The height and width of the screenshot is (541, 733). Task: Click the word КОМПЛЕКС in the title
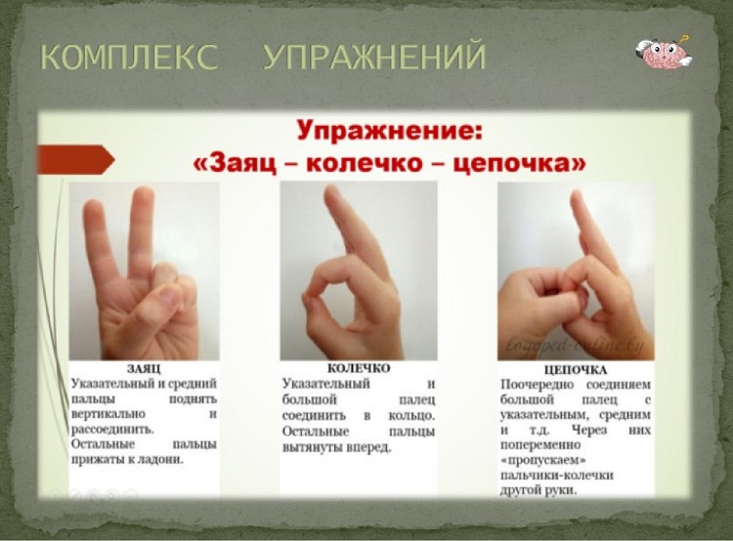[x=129, y=57]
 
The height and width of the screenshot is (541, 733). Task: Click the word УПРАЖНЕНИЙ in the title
[x=375, y=56]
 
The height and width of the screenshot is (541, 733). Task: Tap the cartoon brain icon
[x=664, y=53]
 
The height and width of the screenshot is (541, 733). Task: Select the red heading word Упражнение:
[x=389, y=130]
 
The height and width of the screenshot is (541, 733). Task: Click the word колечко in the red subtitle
[x=366, y=163]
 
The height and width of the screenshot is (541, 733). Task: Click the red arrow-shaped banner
[x=75, y=160]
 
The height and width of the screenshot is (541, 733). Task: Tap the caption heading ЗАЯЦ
[x=144, y=369]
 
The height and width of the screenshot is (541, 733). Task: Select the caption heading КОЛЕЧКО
[x=359, y=368]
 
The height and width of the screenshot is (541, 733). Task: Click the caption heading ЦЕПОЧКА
[x=576, y=370]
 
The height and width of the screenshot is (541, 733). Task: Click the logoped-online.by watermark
[x=576, y=345]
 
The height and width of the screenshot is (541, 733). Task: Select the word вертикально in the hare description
[x=108, y=415]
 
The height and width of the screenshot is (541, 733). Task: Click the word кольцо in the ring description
[x=410, y=415]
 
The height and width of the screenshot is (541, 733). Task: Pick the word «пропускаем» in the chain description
[x=543, y=461]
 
